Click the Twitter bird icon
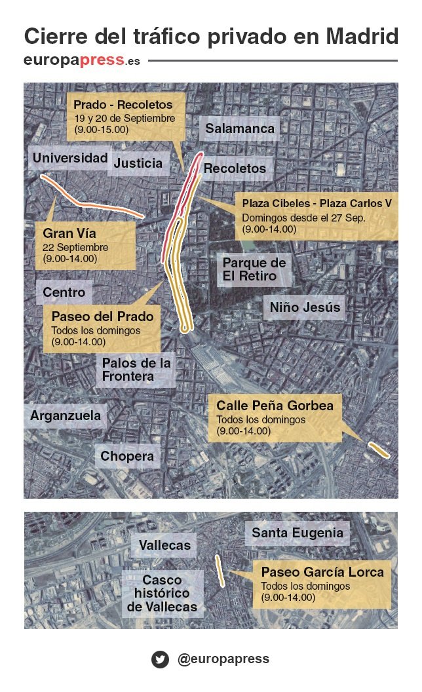click(x=160, y=659)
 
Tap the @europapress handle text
click(x=223, y=659)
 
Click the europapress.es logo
click(x=81, y=61)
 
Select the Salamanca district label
click(x=240, y=128)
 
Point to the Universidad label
click(x=70, y=158)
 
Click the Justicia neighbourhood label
click(x=138, y=163)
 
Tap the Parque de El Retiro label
click(x=254, y=269)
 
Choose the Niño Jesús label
click(x=305, y=307)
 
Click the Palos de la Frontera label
click(x=136, y=370)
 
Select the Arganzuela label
click(x=66, y=415)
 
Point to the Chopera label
click(x=128, y=456)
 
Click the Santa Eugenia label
click(x=297, y=533)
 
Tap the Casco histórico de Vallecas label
click(x=162, y=594)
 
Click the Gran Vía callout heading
click(x=69, y=233)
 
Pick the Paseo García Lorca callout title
click(x=322, y=572)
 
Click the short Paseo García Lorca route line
click(x=220, y=571)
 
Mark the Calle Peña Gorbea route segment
click(x=379, y=450)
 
